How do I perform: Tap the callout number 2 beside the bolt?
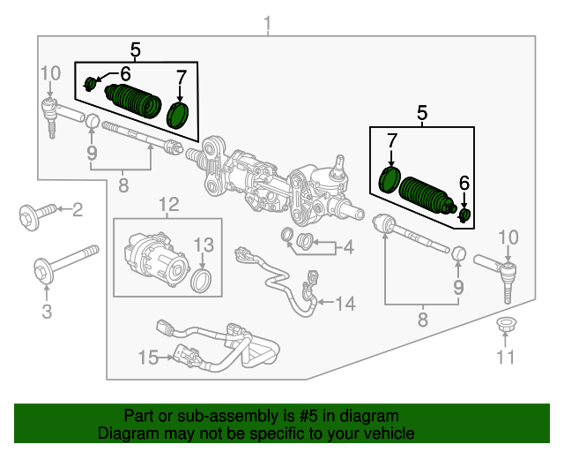click(78, 209)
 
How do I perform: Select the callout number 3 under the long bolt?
click(47, 311)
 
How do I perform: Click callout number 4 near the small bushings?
click(348, 247)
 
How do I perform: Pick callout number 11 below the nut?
click(504, 357)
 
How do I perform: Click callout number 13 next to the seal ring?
click(204, 245)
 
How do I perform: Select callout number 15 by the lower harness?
click(147, 358)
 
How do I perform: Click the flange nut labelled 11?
click(505, 324)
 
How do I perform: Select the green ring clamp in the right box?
click(389, 177)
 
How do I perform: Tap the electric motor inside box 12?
click(156, 257)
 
